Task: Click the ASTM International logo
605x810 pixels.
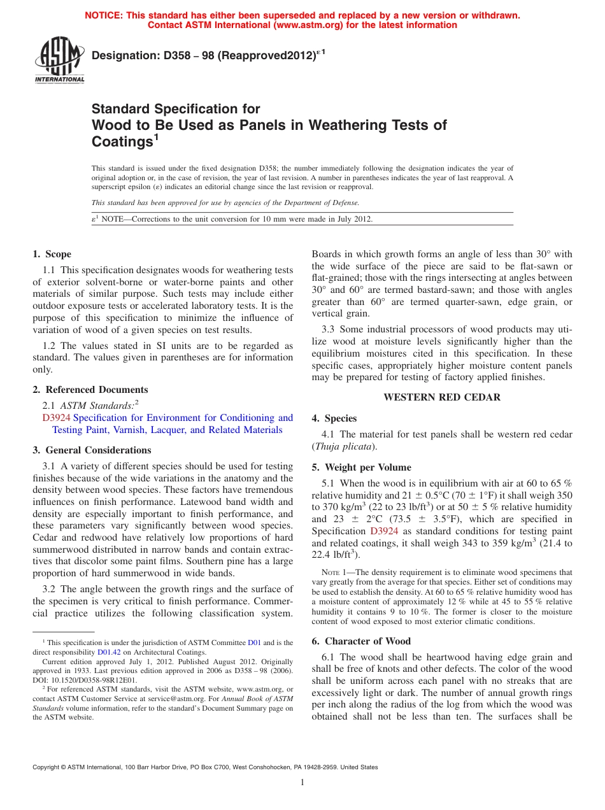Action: coord(59,60)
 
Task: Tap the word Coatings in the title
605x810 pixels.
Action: coord(122,142)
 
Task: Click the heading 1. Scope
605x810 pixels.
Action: coord(52,254)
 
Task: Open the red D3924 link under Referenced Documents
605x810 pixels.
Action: coord(56,418)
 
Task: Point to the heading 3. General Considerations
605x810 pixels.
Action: coord(92,450)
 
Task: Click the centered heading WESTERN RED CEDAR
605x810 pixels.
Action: coord(441,397)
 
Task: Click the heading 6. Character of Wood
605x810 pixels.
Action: coord(361,641)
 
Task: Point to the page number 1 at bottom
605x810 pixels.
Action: coord(302,783)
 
